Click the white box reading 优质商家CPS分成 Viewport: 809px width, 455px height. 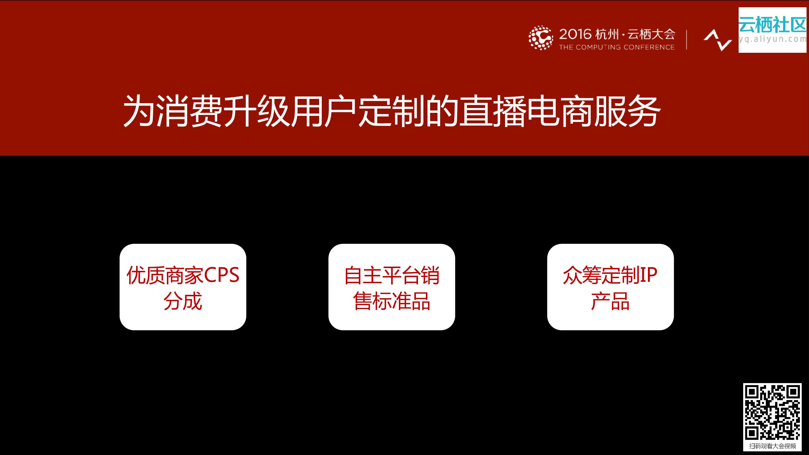[183, 287]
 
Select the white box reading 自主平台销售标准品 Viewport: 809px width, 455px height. [392, 287]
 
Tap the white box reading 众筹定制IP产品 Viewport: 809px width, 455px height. [610, 287]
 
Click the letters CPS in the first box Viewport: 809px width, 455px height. [222, 275]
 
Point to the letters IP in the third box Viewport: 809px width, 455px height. [649, 275]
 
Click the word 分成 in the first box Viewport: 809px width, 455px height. [183, 301]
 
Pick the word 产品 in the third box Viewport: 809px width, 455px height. [610, 301]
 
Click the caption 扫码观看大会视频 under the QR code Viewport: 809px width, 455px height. [772, 446]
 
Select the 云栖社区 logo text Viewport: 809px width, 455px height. [772, 25]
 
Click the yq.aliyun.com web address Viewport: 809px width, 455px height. [772, 39]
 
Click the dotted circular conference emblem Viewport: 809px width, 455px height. [541, 38]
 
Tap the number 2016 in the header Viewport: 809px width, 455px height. [575, 34]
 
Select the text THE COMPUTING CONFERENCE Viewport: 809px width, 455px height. [617, 47]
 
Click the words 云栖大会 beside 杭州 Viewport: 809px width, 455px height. [651, 34]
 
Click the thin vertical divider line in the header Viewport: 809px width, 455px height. [687, 40]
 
